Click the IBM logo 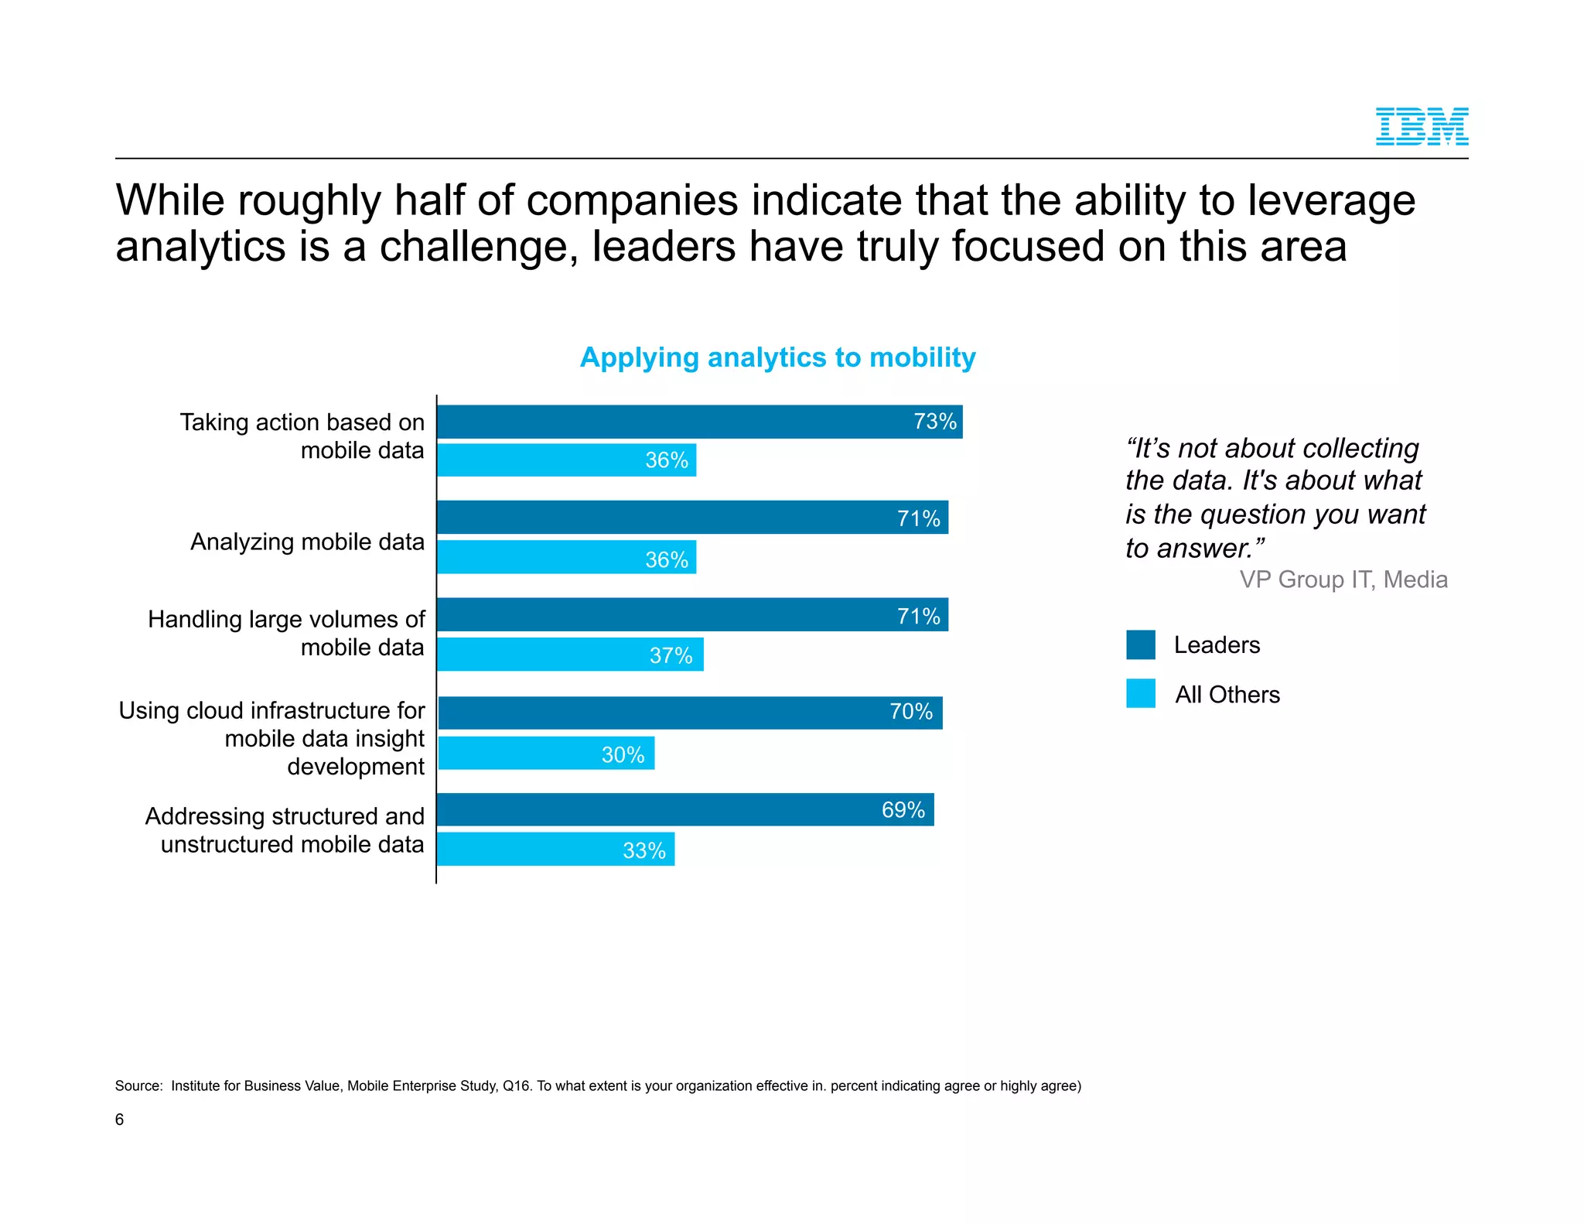click(x=1421, y=127)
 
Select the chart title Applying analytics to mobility click(x=777, y=357)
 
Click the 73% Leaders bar click(x=699, y=422)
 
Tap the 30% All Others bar click(x=546, y=753)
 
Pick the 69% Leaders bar click(x=685, y=809)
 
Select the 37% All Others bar click(x=570, y=655)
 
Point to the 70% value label click(x=910, y=712)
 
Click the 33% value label click(x=643, y=850)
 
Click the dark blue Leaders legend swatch click(x=1140, y=644)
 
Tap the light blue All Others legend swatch click(x=1140, y=693)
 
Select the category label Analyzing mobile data click(x=307, y=542)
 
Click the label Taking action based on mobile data click(x=302, y=436)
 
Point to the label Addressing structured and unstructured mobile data click(x=285, y=830)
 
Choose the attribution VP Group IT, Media click(x=1343, y=580)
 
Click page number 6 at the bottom click(x=119, y=1120)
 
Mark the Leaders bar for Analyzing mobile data click(x=692, y=517)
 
